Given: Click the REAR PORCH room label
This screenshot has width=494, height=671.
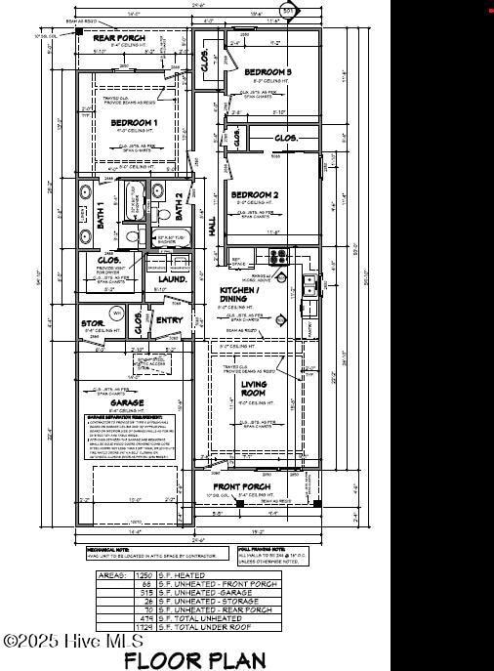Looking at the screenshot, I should [118, 38].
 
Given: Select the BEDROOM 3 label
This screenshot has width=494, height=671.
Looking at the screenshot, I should [268, 72].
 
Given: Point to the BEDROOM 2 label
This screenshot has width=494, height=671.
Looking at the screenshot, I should [254, 195].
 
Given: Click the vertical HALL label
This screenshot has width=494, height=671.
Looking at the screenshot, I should [212, 226].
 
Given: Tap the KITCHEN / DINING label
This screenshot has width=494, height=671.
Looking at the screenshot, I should [239, 296].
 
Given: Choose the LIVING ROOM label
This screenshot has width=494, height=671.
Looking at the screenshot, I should [254, 390].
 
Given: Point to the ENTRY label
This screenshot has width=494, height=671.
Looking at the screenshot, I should [169, 319].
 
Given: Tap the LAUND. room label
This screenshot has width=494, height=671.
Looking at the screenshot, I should [173, 278].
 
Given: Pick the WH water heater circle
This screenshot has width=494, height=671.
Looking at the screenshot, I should [117, 314].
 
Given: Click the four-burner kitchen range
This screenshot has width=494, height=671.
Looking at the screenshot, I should [278, 257].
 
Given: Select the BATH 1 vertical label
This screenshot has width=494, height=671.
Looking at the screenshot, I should [100, 213].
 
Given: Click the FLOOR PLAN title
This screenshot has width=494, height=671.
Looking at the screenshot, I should [194, 660].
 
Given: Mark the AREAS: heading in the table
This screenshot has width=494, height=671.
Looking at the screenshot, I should [110, 575].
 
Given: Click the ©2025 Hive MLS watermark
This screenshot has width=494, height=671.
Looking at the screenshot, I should [74, 641].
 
